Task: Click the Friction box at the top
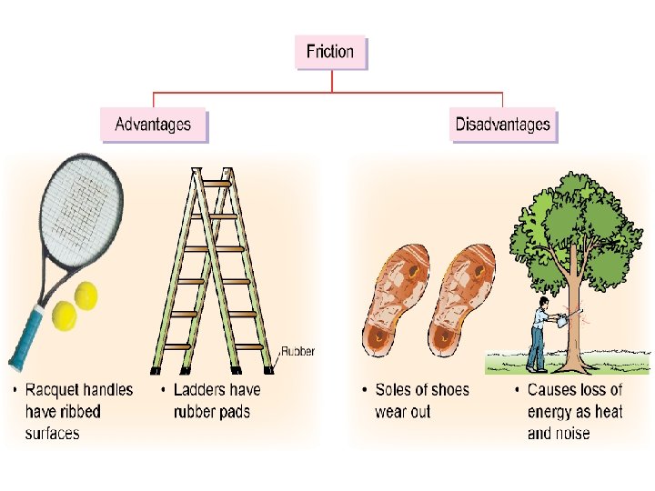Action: pos(330,52)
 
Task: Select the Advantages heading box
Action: pos(153,125)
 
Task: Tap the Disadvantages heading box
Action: pos(503,125)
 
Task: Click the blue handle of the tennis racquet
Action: pos(26,335)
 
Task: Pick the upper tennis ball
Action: pos(86,295)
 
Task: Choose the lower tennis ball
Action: pos(65,316)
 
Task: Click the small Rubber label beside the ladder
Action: pos(297,351)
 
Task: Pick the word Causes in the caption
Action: pos(552,390)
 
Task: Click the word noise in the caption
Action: pos(570,433)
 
